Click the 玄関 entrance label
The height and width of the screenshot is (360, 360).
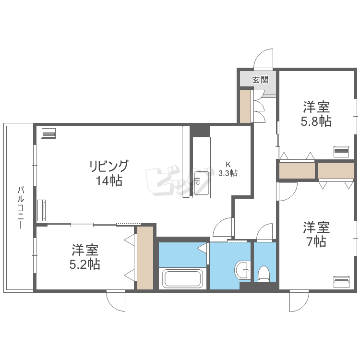pos(260,80)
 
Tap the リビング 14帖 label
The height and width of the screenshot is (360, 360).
pos(108,173)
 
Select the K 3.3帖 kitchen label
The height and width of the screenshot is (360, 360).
pos(228,169)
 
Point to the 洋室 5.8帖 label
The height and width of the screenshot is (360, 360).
pos(316,114)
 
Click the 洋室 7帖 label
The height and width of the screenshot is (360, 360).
pos(316,234)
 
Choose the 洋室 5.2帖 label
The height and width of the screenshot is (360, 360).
pos(84,257)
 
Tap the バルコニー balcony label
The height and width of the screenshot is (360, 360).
pos(21,208)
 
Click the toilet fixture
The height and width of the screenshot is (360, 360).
pos(264,274)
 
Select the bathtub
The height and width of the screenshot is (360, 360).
pos(182,278)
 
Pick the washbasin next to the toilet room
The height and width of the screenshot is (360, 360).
pos(242,270)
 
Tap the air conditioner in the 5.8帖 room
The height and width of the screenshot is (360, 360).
pos(341,151)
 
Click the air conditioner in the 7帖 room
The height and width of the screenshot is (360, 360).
pos(341,281)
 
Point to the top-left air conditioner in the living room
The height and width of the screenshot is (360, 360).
pos(48,133)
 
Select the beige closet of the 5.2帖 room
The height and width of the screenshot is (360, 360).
pos(145,258)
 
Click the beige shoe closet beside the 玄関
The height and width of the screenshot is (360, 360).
pos(245,106)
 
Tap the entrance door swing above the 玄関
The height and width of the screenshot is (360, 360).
pos(264,59)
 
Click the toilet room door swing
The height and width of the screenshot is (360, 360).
pos(264,232)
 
